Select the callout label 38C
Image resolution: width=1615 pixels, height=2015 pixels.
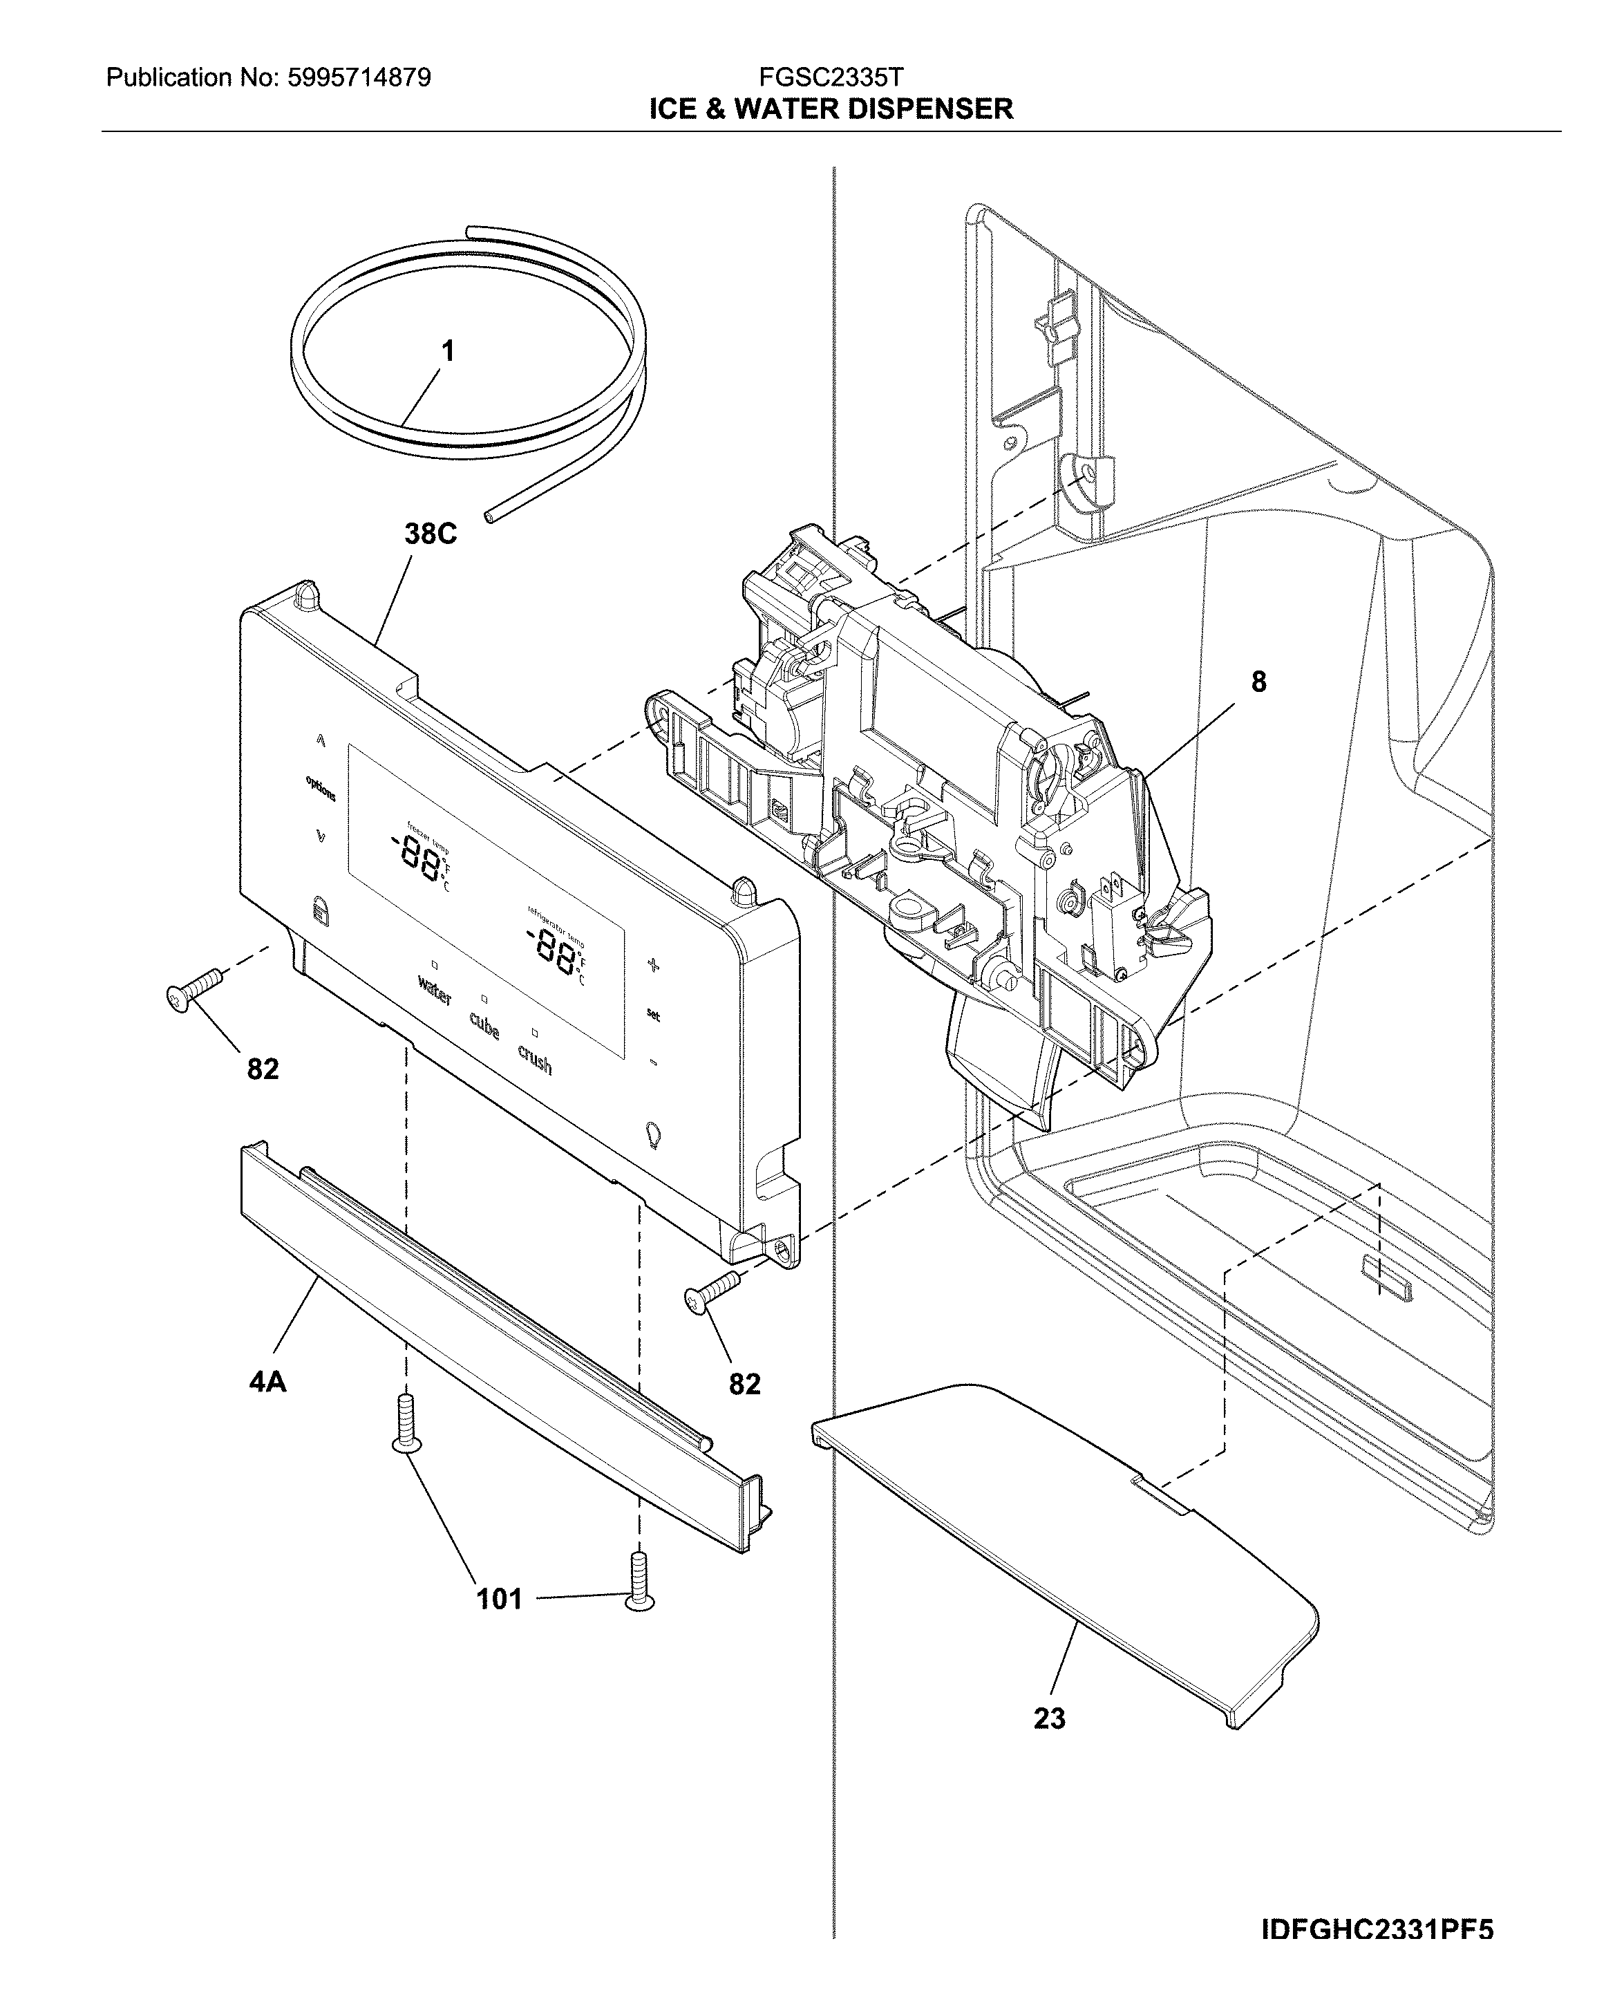[430, 534]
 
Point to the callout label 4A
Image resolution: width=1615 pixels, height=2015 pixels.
[267, 1380]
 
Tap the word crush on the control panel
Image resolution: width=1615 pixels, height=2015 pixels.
[535, 1061]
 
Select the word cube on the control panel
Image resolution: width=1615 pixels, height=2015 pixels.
[484, 1027]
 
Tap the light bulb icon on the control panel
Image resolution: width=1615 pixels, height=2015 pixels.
[653, 1134]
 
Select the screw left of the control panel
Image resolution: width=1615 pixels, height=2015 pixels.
[194, 988]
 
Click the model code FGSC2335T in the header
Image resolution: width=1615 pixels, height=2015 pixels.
[830, 77]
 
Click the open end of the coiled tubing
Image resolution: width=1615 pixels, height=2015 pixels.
[488, 515]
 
